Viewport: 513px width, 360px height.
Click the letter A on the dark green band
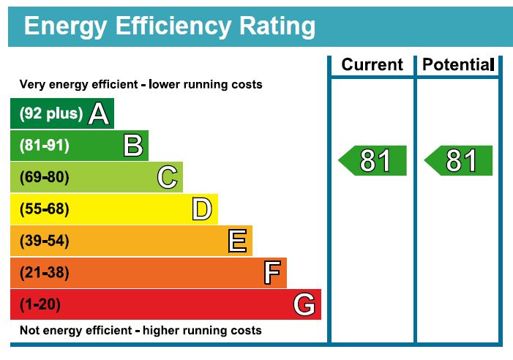coord(100,113)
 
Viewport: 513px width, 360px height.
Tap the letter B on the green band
coord(133,146)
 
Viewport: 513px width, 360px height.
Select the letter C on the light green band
coord(168,177)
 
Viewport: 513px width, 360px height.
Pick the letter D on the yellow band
coord(202,209)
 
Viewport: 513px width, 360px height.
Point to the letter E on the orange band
coord(237,241)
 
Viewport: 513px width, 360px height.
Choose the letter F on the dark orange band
coord(272,273)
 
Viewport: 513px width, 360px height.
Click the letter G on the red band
coord(304,304)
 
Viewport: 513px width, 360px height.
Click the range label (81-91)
coord(45,146)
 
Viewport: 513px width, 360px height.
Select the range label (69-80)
coord(45,177)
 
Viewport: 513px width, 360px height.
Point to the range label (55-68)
coord(45,209)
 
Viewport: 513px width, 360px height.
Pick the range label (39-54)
coord(45,241)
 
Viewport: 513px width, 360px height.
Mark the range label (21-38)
coord(45,273)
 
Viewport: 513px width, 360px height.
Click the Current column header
coord(372,64)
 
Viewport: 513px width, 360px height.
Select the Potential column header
coord(458,64)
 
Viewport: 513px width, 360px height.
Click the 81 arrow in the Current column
coord(372,160)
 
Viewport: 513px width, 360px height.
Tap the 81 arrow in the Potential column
coord(459,160)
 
